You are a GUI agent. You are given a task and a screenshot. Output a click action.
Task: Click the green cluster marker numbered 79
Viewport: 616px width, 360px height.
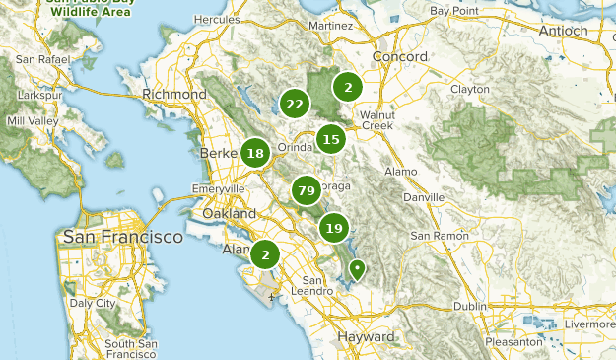(306, 189)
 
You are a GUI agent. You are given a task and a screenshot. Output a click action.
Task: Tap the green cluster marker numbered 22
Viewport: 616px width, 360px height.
(294, 104)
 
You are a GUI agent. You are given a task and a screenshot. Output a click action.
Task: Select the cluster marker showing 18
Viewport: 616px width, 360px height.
(255, 153)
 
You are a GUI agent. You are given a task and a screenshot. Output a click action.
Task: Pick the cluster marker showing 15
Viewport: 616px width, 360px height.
(331, 139)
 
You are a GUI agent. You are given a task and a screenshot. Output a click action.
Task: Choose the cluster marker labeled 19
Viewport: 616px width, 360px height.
(334, 228)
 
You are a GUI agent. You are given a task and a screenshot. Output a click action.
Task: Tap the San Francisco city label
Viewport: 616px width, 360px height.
(122, 237)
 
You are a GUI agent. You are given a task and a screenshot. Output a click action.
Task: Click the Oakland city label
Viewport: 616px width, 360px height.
(229, 213)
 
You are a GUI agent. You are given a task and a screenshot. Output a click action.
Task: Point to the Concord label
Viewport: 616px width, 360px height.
(400, 57)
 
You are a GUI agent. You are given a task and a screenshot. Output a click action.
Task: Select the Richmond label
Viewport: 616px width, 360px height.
(173, 94)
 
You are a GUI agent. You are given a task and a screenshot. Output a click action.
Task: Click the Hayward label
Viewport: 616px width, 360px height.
(366, 336)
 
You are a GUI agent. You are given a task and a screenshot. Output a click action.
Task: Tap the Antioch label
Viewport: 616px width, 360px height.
(563, 31)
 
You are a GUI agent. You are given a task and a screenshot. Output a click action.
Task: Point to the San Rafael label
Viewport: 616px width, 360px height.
(41, 61)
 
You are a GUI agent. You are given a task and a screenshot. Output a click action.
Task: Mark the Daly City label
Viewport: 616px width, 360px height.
(95, 304)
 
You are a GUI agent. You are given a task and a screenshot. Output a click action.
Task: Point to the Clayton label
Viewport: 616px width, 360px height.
(469, 89)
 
